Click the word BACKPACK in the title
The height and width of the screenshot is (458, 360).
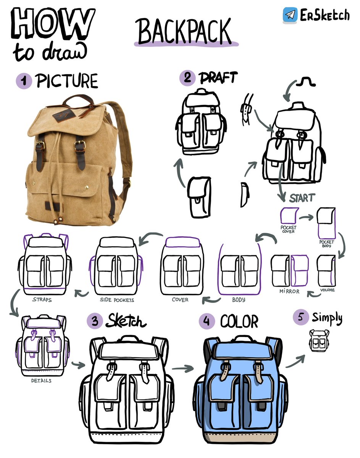(184, 32)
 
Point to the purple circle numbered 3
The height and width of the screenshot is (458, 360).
(94, 321)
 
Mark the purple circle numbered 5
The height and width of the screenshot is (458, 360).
(300, 318)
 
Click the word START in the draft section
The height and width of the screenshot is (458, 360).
(302, 198)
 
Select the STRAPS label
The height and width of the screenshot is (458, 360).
(42, 300)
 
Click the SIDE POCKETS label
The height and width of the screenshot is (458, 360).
(117, 300)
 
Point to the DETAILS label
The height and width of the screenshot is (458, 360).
(41, 381)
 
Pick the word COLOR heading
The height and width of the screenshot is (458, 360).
(239, 322)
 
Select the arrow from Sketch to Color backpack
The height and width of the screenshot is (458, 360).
(181, 369)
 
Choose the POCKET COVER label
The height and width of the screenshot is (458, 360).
(288, 229)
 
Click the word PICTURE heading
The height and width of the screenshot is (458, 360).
(67, 81)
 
